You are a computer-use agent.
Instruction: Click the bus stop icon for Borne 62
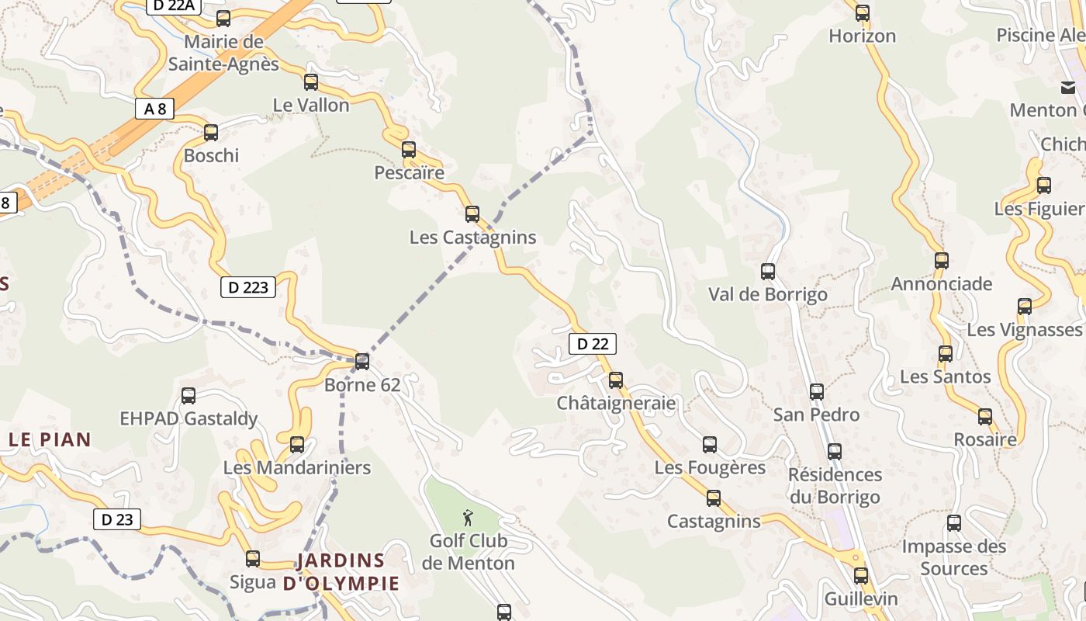[362, 361]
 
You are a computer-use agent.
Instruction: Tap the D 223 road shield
[248, 287]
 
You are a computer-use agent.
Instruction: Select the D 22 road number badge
[593, 344]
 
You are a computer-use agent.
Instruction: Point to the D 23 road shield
[117, 519]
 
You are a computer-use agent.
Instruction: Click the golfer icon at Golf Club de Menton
[468, 517]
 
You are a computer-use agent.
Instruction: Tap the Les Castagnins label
[472, 238]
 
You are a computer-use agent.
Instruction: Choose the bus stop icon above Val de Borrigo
[768, 272]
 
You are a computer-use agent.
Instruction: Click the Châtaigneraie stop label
[616, 404]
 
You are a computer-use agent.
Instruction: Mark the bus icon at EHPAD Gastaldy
[188, 396]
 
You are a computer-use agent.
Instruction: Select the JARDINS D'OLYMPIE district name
[341, 572]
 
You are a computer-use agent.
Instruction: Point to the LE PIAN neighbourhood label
[50, 440]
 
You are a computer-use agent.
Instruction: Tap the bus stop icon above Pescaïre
[409, 150]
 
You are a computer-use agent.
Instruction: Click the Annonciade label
[941, 284]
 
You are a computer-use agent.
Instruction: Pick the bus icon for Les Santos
[946, 354]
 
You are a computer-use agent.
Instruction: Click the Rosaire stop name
[985, 440]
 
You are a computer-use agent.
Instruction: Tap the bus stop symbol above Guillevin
[861, 576]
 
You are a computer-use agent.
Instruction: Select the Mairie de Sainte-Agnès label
[223, 53]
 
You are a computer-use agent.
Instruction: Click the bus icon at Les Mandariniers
[297, 445]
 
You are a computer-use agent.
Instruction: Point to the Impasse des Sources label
[953, 557]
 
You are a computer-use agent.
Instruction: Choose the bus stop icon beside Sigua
[253, 559]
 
